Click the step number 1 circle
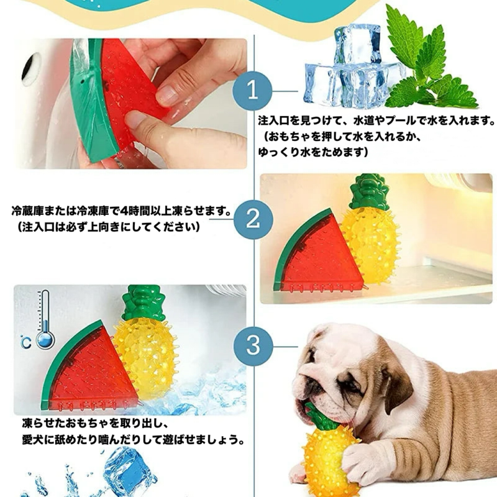click(252, 91)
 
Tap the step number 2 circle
click(253, 219)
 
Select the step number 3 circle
click(253, 346)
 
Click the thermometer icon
click(45, 319)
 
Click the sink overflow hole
click(32, 69)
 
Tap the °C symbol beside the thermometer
click(26, 342)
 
